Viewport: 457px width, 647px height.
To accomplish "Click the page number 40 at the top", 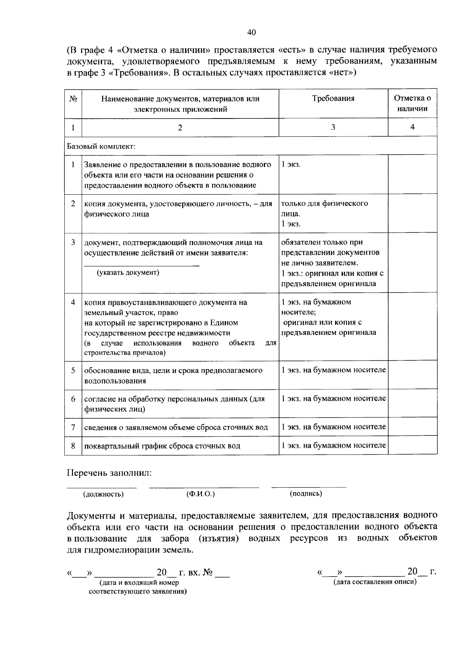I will [251, 32].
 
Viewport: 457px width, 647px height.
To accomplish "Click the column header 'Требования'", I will [333, 99].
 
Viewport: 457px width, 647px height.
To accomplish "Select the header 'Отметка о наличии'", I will [412, 103].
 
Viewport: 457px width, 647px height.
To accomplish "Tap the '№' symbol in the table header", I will [73, 99].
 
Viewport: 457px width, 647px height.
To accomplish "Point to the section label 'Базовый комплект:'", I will [101, 146].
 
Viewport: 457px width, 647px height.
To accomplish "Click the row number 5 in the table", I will [73, 370].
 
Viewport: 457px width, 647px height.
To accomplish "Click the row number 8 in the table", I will [73, 445].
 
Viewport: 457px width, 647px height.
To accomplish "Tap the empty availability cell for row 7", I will [412, 427].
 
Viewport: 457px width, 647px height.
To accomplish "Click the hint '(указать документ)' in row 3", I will [128, 272].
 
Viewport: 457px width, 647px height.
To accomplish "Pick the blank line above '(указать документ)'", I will [141, 265].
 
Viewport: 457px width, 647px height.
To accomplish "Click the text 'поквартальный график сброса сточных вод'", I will [162, 446].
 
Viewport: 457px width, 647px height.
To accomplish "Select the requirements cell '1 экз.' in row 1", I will [291, 165].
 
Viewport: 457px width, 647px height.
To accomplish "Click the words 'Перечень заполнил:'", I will [109, 473].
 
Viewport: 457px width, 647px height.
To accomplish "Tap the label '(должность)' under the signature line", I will [103, 494].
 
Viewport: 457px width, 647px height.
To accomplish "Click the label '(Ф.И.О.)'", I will [201, 494].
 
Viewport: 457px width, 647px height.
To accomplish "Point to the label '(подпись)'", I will [306, 493].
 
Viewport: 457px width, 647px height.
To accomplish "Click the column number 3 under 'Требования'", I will [333, 127].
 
